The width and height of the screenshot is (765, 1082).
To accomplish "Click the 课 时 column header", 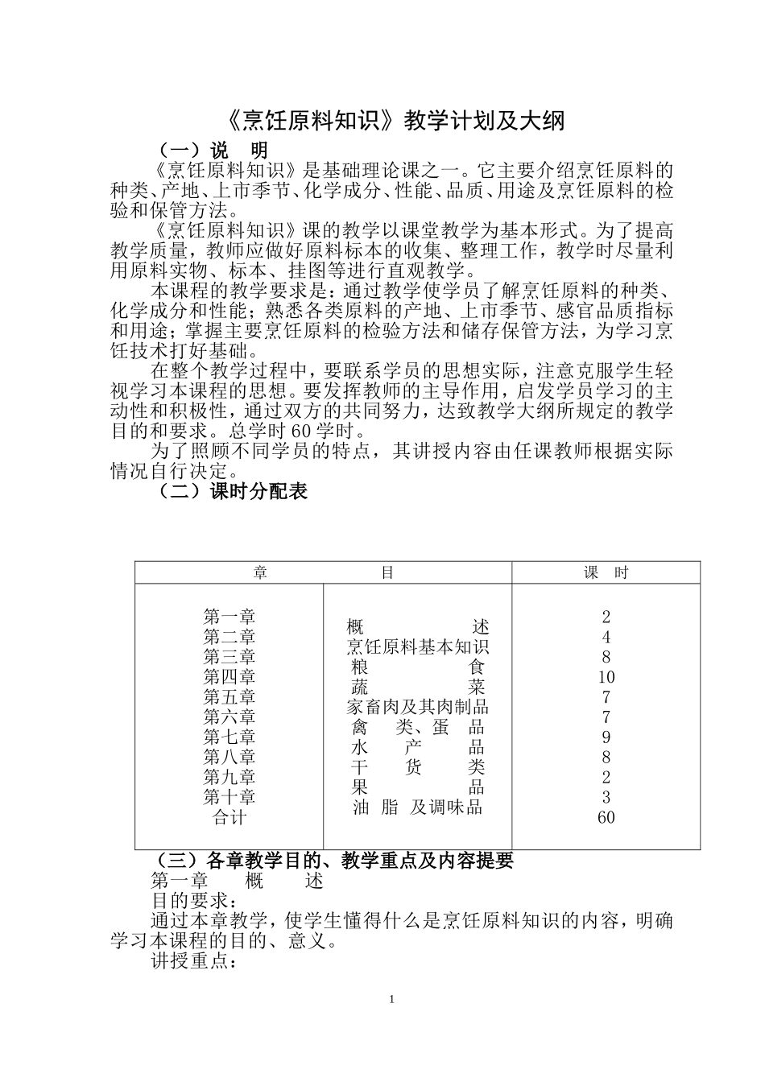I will coord(606,572).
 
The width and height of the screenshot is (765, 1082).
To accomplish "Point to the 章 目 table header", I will coord(323,572).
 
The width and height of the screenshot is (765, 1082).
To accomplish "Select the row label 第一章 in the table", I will coord(229,617).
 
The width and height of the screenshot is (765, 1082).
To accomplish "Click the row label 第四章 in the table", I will coord(229,677).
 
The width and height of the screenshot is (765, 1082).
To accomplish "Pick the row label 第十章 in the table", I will coord(229,797).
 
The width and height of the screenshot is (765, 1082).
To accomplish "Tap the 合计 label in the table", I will coord(229,817).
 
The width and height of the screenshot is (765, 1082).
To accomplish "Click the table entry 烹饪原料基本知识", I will coord(418,647).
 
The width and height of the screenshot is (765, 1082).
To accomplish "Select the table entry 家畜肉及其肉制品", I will coord(418,708).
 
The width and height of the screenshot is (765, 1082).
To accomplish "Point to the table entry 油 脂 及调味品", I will coord(418,807).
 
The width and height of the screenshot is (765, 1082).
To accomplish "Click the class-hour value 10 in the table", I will coord(606,677).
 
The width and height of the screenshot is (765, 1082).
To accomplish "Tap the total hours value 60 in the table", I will coord(606,817).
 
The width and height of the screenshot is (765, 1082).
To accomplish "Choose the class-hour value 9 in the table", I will coord(606,737).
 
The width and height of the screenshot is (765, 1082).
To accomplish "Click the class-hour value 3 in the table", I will coord(606,797).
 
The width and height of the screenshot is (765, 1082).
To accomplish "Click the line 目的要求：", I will coord(194,901).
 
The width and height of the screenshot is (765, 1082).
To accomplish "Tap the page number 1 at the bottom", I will coord(391,999).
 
